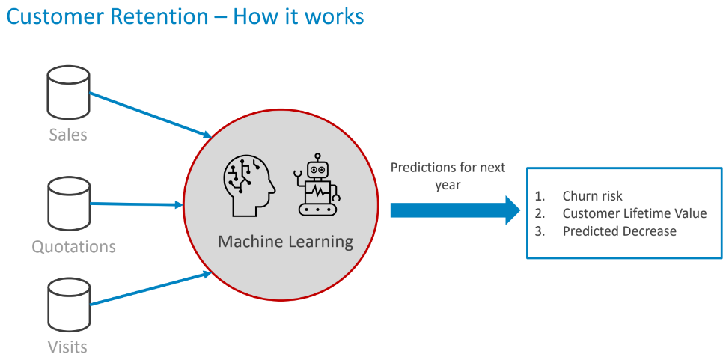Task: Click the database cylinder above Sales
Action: click(68, 94)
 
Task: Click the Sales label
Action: click(68, 135)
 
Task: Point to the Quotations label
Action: click(73, 246)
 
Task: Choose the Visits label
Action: click(68, 347)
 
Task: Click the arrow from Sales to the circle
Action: click(150, 115)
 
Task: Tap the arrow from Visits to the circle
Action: click(150, 290)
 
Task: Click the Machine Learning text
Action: click(285, 241)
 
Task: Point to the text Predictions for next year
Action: click(448, 175)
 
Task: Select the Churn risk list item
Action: click(592, 195)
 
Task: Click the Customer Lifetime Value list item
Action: click(634, 213)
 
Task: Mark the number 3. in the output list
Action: click(540, 231)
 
